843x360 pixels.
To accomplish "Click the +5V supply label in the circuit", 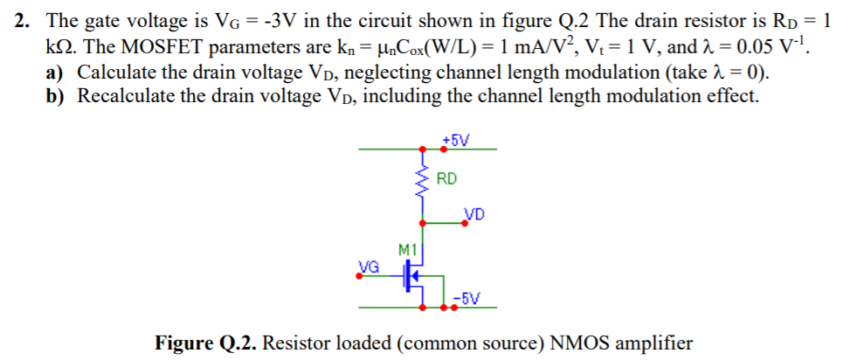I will point(455,140).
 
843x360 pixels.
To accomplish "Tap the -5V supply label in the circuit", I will point(470,298).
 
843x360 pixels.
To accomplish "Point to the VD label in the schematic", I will point(475,213).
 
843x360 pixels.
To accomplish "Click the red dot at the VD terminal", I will point(466,224).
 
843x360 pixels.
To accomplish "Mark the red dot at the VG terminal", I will point(358,278).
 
